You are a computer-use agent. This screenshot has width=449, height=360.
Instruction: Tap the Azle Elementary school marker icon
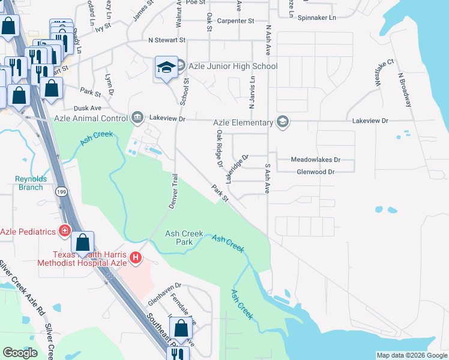pyautogui.click(x=282, y=122)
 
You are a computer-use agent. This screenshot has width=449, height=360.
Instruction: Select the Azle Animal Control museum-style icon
pyautogui.click(x=137, y=116)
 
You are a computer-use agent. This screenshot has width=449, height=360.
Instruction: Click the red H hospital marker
pyautogui.click(x=136, y=257)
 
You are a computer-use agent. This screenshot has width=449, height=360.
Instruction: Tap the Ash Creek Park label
pyautogui.click(x=184, y=238)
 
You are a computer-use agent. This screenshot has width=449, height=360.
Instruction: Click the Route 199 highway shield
pyautogui.click(x=61, y=191)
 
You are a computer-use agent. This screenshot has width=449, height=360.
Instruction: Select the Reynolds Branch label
pyautogui.click(x=30, y=183)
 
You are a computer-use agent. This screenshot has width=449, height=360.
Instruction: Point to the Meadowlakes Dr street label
pyautogui.click(x=315, y=160)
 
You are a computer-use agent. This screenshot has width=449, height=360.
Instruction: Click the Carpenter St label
pyautogui.click(x=236, y=21)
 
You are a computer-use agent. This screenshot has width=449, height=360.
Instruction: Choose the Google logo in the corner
pyautogui.click(x=20, y=353)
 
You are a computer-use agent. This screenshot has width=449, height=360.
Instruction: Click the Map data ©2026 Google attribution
pyautogui.click(x=412, y=355)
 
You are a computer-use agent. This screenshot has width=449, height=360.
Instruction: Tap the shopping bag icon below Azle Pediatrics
pyautogui.click(x=83, y=243)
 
